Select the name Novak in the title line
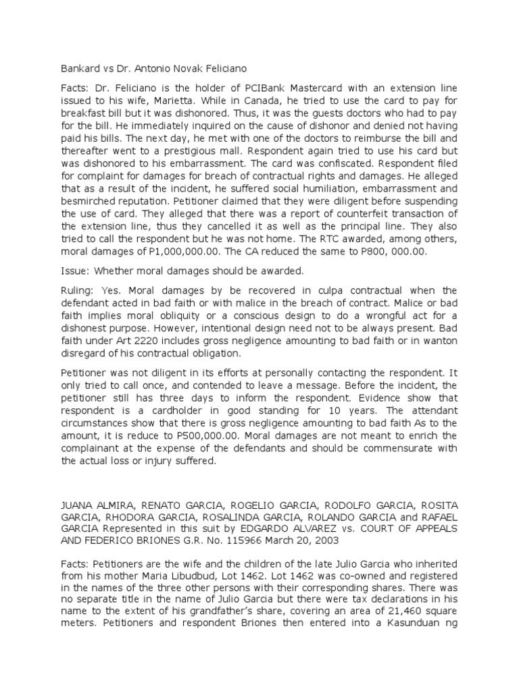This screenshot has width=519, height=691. coord(186,69)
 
